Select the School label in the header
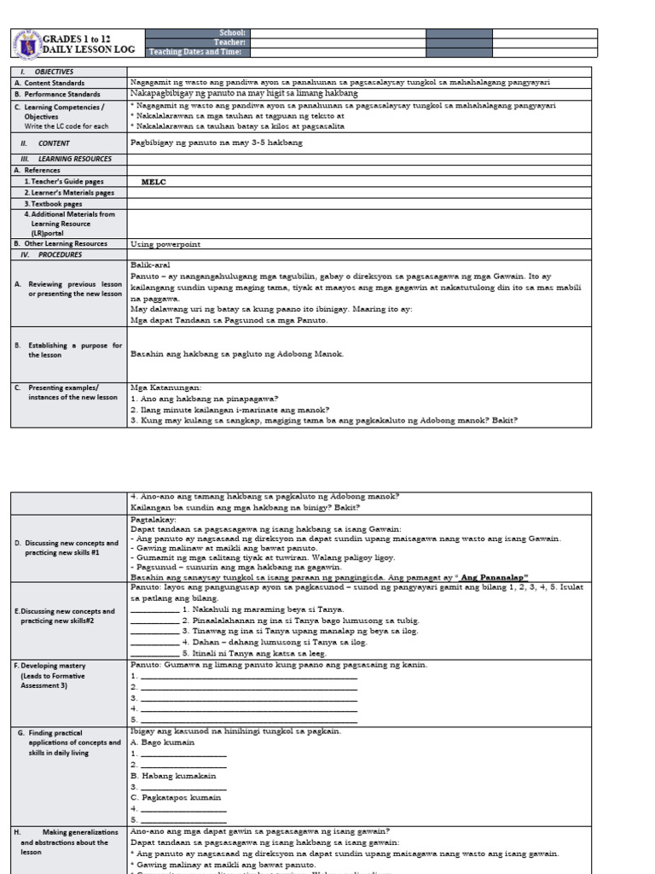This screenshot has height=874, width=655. (232, 32)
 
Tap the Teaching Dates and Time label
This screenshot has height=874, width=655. (195, 52)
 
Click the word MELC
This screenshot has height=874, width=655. (153, 182)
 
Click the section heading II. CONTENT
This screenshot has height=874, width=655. (49, 143)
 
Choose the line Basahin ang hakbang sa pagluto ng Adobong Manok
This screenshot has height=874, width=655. (237, 353)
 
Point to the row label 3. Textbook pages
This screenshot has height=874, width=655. (53, 204)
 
